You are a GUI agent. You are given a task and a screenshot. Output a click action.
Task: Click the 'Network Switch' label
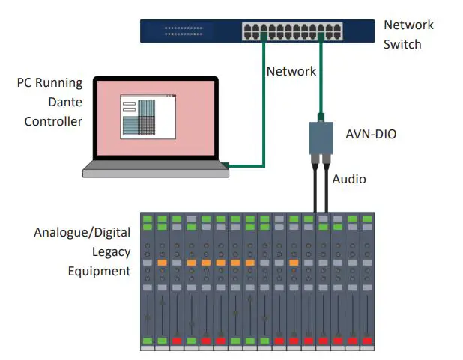tap(408, 34)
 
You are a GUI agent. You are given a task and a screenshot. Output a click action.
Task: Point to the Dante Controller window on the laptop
tap(148, 116)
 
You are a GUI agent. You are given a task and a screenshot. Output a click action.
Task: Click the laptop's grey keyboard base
tap(155, 171)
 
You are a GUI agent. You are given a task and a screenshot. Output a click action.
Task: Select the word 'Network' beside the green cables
tap(291, 72)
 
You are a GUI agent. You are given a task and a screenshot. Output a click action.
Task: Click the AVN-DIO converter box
tap(321, 138)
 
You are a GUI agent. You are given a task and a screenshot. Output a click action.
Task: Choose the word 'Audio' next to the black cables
tap(349, 180)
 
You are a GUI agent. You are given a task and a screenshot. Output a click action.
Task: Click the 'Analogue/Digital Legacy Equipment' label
tap(82, 251)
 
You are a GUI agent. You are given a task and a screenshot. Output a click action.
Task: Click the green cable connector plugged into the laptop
tap(225, 164)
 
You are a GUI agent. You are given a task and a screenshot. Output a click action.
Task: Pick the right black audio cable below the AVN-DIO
tap(327, 187)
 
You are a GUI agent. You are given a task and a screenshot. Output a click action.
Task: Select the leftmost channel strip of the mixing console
tap(148, 281)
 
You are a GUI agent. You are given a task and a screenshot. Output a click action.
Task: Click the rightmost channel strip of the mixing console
tap(366, 281)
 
